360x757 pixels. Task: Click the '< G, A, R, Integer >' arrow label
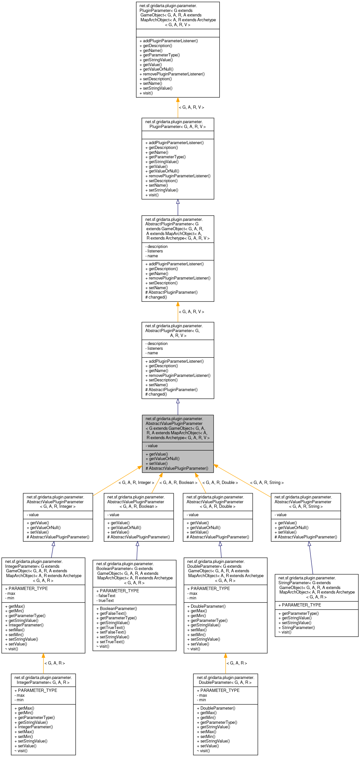136,483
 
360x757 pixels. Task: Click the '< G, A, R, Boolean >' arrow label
178,483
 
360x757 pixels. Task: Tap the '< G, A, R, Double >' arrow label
220,483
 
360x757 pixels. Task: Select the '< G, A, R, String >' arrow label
267,483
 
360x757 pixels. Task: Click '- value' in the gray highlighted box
151,446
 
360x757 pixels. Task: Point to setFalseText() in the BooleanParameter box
113,632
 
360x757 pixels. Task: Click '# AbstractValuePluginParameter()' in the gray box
177,468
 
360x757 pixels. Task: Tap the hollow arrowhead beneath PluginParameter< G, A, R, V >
178,202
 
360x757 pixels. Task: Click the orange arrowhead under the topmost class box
178,100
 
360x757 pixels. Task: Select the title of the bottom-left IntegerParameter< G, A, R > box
43,680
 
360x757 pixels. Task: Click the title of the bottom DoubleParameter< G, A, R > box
225,680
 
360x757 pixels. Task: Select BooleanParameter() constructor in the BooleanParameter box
118,609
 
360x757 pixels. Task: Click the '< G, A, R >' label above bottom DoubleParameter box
237,663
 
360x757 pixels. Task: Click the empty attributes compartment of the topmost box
178,33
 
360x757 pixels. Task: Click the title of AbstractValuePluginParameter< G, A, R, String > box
306,502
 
